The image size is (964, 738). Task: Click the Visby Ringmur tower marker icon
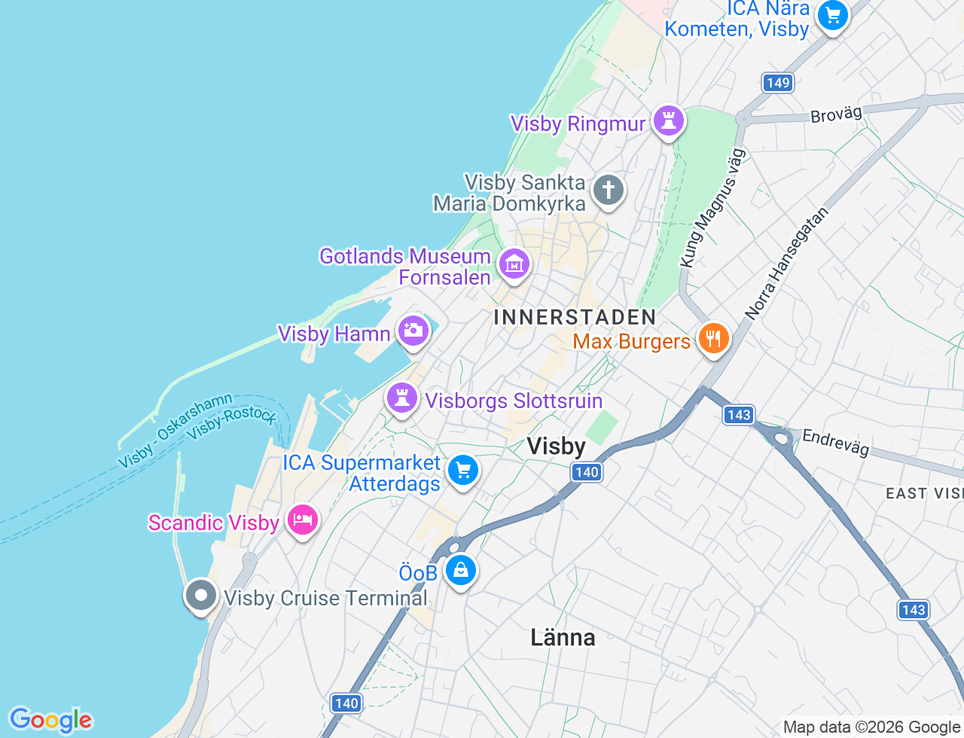pos(668,120)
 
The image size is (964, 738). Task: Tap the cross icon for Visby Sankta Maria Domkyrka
pos(608,190)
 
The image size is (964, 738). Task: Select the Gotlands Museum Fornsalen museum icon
pos(514,264)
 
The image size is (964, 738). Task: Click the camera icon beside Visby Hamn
pos(413,330)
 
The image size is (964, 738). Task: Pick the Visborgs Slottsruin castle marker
pos(402,397)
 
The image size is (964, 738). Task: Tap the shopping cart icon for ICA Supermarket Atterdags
pos(463,471)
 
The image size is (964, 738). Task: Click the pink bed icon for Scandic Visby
pos(302,519)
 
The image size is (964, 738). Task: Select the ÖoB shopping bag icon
pos(460,570)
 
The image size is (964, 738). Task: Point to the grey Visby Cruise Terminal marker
pos(201,596)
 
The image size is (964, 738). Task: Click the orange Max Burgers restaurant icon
pos(713,338)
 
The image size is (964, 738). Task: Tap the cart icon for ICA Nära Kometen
pos(832,14)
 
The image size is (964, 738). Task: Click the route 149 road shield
pos(778,83)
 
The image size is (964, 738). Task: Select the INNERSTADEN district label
pos(575,317)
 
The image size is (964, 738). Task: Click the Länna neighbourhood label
pos(563,638)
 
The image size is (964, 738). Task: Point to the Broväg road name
pos(836,114)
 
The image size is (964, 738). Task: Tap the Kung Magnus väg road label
pos(712,208)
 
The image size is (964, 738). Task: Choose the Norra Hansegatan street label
pos(786,263)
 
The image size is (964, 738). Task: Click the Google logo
pos(50,721)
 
